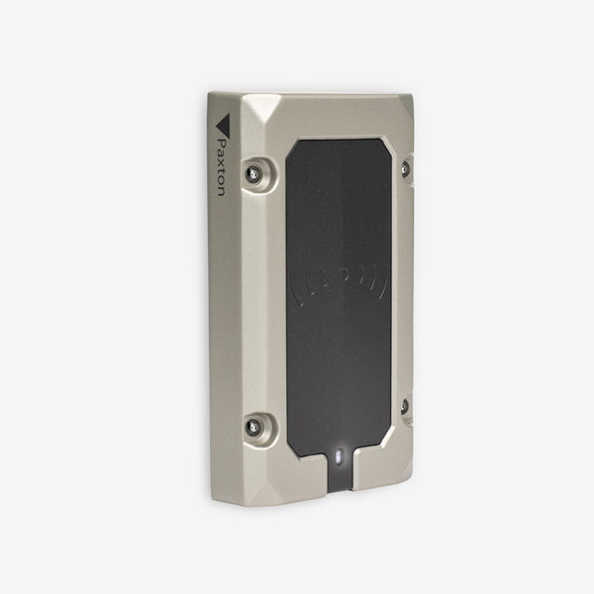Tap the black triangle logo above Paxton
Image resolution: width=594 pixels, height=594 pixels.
click(x=223, y=125)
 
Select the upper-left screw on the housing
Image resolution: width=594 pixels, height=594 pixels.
click(x=258, y=174)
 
